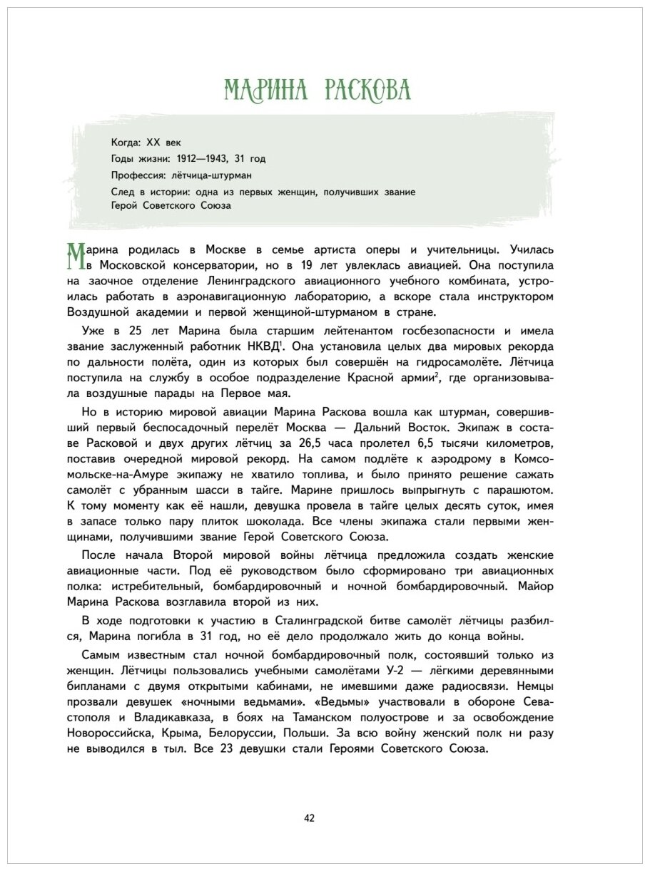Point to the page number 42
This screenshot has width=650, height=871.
click(x=309, y=818)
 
